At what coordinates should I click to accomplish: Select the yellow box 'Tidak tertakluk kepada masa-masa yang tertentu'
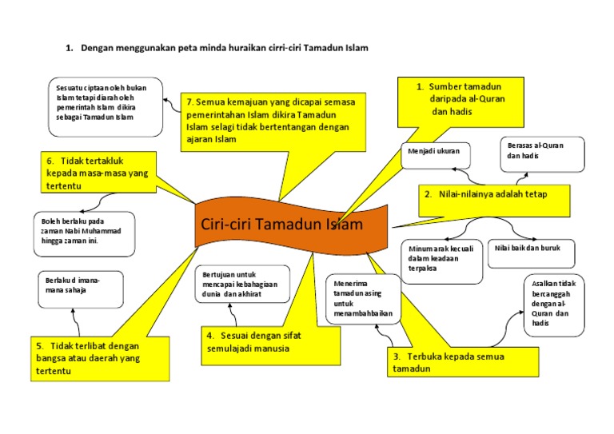(98, 173)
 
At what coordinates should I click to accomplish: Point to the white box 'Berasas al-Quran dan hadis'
(543, 154)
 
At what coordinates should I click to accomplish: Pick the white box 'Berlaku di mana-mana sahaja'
(80, 289)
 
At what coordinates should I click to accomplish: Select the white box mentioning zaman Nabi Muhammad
(84, 233)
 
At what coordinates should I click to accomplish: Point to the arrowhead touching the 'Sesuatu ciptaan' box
(167, 102)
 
